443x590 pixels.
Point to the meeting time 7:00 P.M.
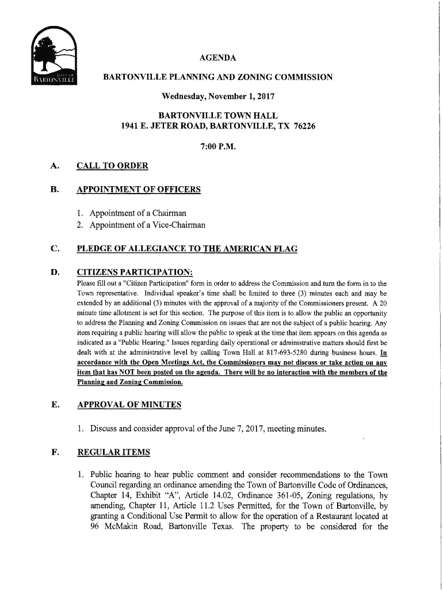(x=217, y=146)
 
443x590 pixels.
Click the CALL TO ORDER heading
(x=112, y=166)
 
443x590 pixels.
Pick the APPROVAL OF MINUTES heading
(x=129, y=404)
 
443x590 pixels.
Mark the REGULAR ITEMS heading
(x=113, y=453)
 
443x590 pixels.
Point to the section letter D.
(x=54, y=273)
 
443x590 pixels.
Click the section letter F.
(x=54, y=453)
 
